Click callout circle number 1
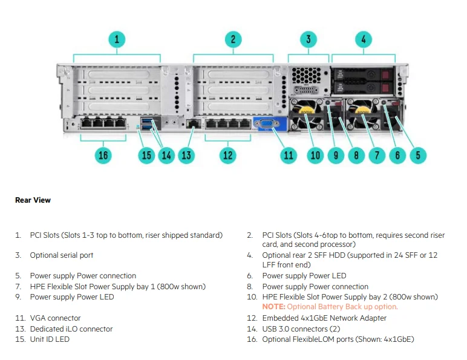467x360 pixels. (117, 40)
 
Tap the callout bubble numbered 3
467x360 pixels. (308, 40)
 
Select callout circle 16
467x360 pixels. (103, 155)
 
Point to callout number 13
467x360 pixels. (186, 155)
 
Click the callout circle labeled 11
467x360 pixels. (289, 155)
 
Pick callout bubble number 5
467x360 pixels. (418, 155)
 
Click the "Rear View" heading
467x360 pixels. (33, 200)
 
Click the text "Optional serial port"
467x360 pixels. (62, 255)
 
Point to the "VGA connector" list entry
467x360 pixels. (55, 318)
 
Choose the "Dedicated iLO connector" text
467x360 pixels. (71, 329)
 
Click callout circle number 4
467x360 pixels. (363, 40)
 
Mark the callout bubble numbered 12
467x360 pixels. (227, 155)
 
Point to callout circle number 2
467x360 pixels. (232, 40)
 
